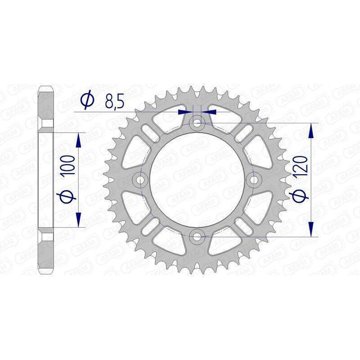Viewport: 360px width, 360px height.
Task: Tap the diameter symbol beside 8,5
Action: coord(87,100)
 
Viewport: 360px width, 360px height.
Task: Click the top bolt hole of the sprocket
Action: coord(197,122)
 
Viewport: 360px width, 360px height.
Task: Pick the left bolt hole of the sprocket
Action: coord(141,180)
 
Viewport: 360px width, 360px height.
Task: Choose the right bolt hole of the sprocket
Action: coord(254,180)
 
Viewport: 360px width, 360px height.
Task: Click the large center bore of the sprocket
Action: coord(197,180)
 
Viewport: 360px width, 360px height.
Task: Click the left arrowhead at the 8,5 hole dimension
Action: coord(183,110)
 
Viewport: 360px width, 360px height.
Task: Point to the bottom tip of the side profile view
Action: coord(47,273)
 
